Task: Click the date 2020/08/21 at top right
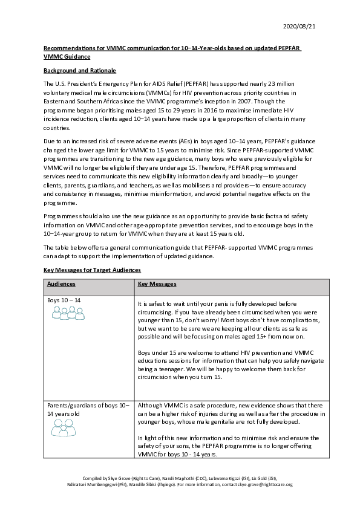pos(299,25)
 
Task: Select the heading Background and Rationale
pos(79,71)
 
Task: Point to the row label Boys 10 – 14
pos(64,300)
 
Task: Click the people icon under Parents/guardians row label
pos(63,428)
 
